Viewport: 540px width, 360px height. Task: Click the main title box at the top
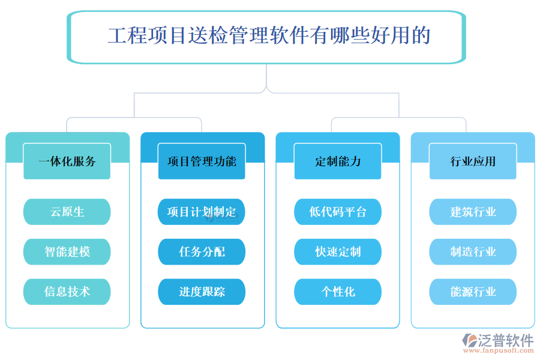click(268, 36)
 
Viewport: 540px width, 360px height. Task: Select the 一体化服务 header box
click(67, 161)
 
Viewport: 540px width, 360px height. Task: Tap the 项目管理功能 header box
click(202, 161)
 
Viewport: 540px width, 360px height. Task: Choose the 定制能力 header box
click(338, 161)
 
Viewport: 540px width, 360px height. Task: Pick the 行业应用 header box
click(473, 161)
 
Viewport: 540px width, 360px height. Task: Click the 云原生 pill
click(67, 212)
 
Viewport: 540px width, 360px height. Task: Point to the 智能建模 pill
click(67, 251)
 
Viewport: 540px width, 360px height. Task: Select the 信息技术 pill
click(67, 292)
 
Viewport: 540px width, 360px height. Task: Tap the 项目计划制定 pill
click(202, 212)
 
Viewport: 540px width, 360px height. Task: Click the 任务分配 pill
click(202, 251)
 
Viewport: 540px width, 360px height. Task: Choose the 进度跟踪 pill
click(202, 292)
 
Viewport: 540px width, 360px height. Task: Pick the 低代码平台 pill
click(338, 212)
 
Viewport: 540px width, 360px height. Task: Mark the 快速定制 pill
click(338, 251)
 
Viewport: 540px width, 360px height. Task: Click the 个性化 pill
click(338, 292)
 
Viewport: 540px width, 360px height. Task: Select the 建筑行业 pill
click(473, 212)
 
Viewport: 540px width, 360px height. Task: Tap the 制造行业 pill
click(473, 251)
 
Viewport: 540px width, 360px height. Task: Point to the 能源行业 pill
click(473, 292)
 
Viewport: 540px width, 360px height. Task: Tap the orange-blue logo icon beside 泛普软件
click(469, 342)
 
